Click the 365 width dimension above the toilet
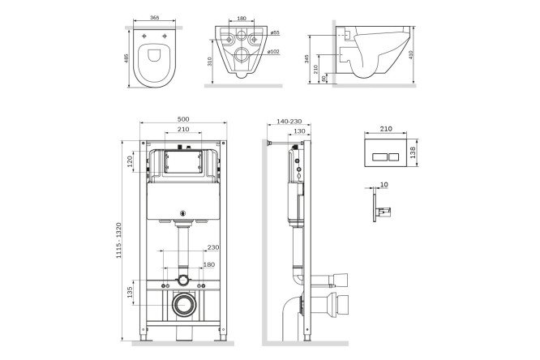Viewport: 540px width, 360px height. point(155,18)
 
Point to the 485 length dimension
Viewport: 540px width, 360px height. point(126,58)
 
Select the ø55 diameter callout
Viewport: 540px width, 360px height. point(275,32)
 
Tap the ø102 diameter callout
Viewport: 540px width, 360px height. point(274,52)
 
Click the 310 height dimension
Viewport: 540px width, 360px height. point(209,61)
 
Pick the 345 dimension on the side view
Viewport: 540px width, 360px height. point(306,59)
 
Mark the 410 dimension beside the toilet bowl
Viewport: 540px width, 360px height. point(411,55)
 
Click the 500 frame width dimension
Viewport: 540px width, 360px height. point(183,119)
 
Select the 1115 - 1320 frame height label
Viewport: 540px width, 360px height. point(119,241)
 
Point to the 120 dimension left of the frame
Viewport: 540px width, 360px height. point(130,161)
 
